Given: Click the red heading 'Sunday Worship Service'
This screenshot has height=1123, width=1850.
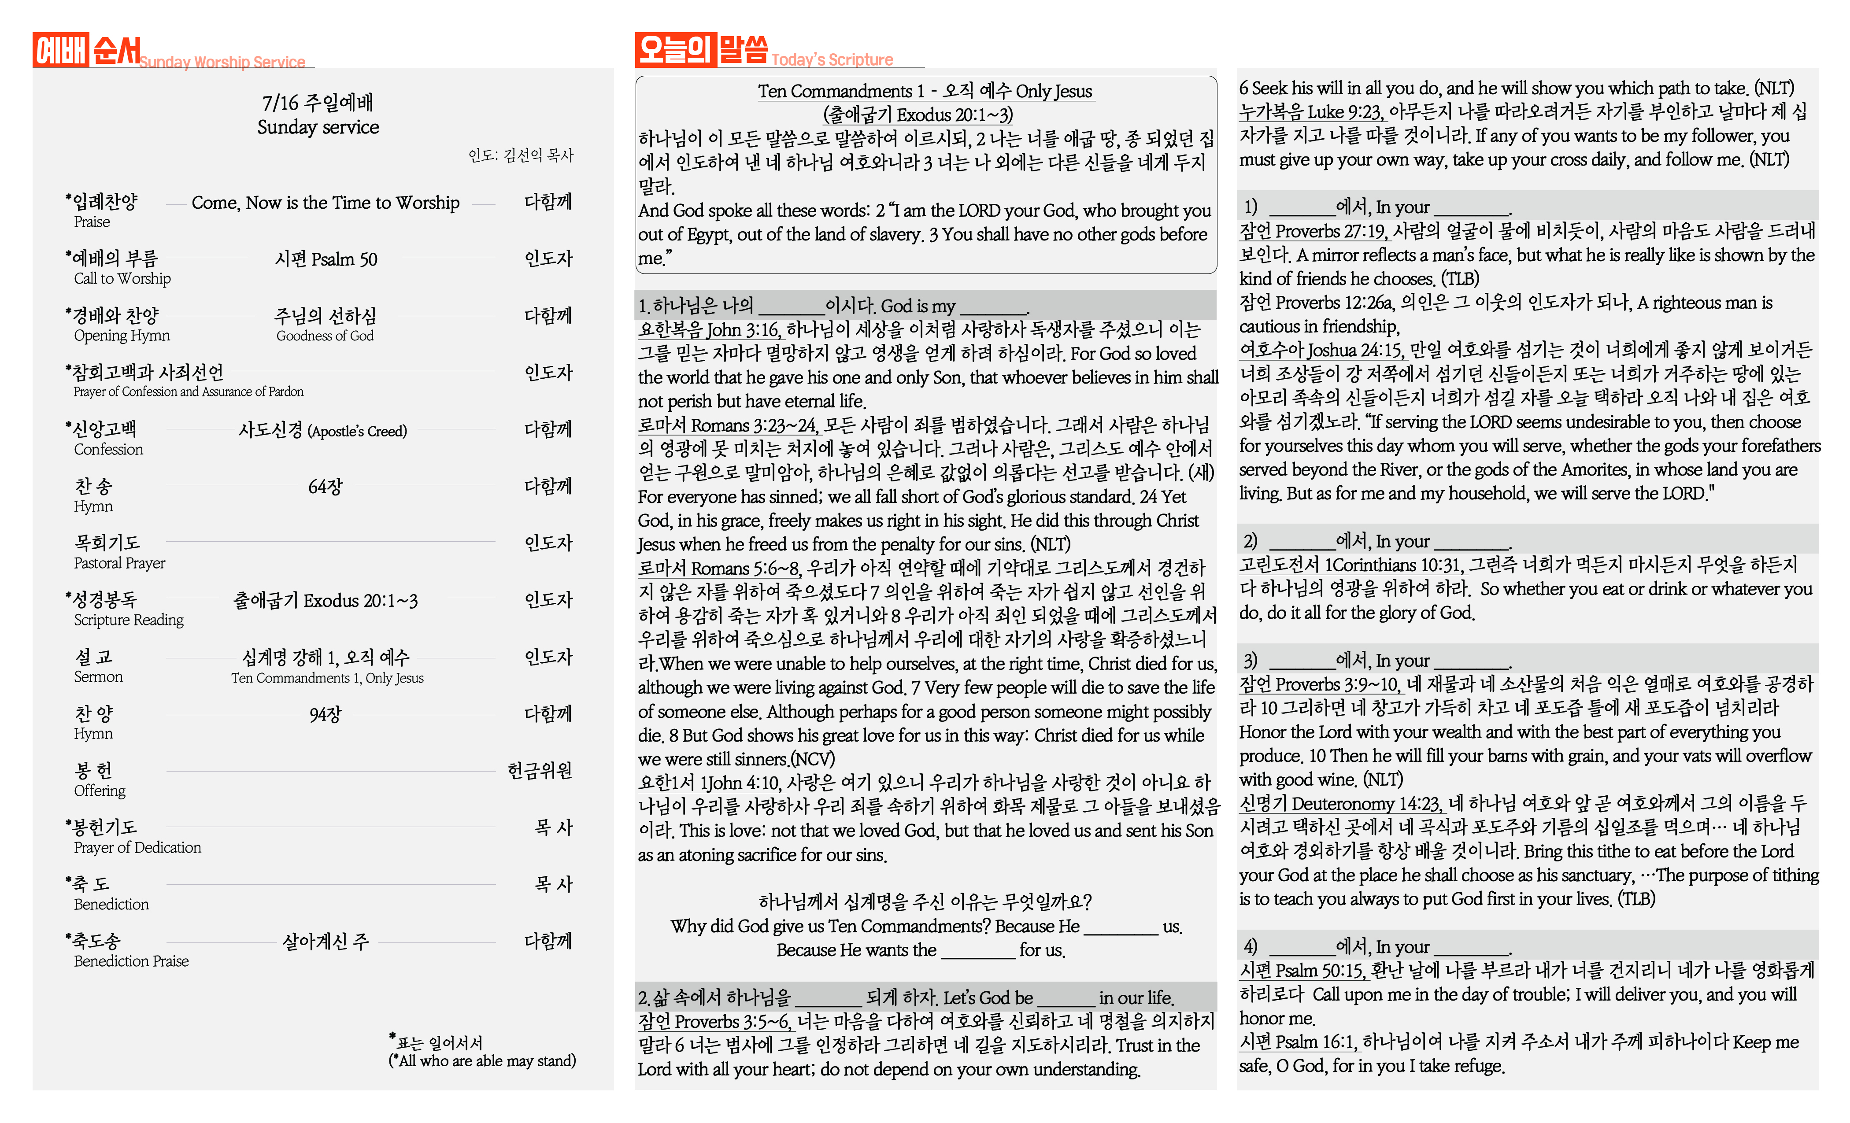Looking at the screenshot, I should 222,62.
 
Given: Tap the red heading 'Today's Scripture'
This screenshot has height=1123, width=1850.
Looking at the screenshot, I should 832,60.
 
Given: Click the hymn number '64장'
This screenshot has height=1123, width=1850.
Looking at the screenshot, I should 325,487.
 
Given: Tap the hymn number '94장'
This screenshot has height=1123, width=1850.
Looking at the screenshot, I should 325,714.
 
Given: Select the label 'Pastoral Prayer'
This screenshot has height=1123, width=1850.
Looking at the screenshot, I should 119,563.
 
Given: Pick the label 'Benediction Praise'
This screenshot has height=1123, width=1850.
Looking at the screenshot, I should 131,962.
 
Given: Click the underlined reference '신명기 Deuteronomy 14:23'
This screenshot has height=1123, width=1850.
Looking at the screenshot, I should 1340,804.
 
